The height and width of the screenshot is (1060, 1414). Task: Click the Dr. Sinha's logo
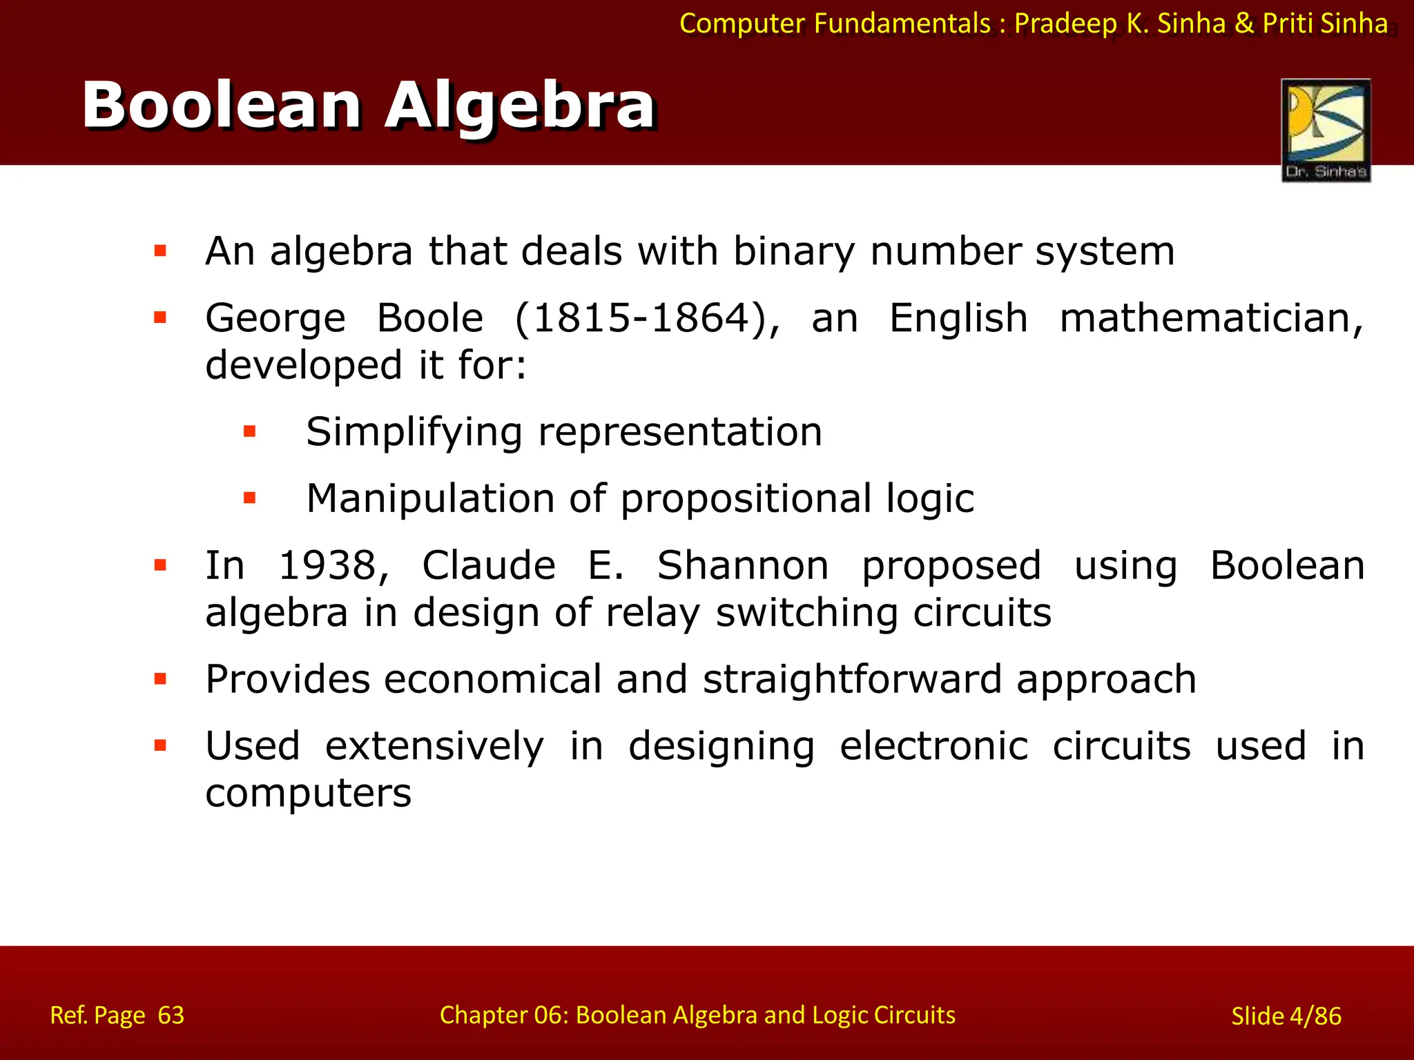tap(1326, 130)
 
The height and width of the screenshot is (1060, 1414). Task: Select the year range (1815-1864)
tap(648, 319)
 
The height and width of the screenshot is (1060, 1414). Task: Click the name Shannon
tap(742, 566)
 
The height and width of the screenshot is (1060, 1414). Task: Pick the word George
tap(275, 319)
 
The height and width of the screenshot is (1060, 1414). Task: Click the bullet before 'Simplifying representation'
tap(250, 433)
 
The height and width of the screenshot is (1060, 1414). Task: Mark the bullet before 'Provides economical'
tap(161, 679)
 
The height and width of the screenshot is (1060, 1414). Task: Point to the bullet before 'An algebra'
tap(161, 251)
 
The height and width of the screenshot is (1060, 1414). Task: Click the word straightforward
tap(852, 679)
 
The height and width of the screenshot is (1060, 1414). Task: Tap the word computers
tap(308, 794)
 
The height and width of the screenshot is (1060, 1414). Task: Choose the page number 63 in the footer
tap(171, 1015)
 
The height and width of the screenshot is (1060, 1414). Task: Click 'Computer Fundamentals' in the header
tap(835, 23)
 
